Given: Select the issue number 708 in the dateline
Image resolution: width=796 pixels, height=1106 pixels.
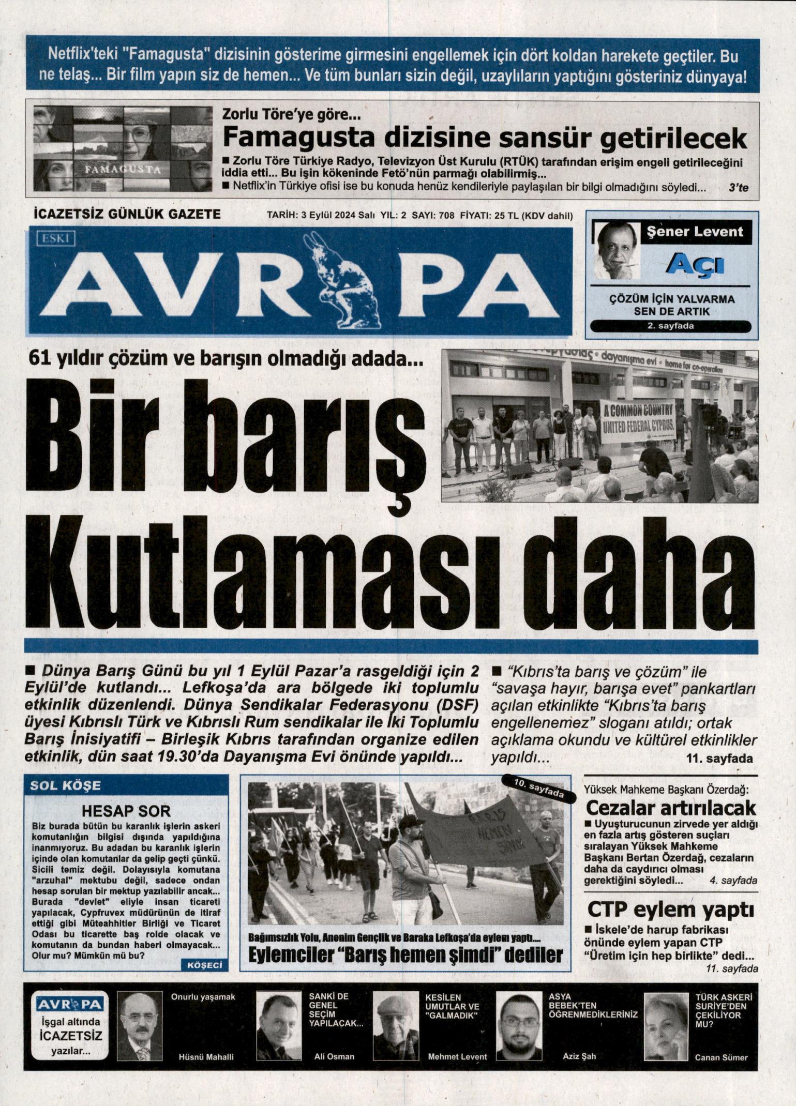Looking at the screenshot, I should pos(446,215).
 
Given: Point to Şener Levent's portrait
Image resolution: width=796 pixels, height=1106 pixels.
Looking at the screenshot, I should pos(617,251).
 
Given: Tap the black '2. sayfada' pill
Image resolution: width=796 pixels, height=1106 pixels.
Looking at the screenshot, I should pos(670,326).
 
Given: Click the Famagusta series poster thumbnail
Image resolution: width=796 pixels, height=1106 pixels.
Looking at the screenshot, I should pos(123,149).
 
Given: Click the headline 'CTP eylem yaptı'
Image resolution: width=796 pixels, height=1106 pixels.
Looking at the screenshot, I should pos(670,910).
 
